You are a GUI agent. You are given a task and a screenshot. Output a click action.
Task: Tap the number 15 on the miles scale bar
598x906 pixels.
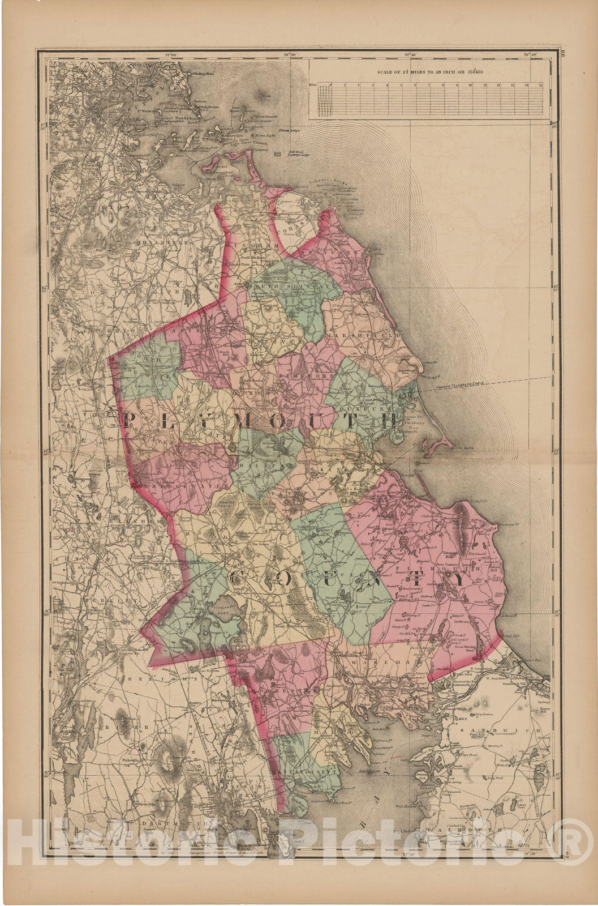click(541, 84)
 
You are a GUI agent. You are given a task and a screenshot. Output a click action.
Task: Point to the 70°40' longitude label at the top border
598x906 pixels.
click(410, 54)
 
